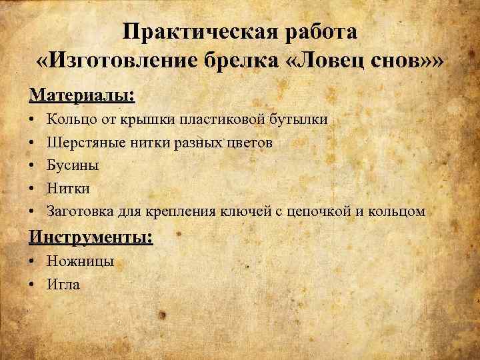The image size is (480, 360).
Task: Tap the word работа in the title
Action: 319,31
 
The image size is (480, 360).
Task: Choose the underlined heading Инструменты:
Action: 91,236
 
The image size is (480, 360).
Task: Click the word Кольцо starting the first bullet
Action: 70,120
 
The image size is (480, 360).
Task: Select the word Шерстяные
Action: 81,143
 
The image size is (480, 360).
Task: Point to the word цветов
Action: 247,143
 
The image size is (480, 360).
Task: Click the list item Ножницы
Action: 81,261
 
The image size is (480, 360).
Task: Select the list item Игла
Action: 63,285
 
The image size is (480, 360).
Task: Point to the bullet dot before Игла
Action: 33,285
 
